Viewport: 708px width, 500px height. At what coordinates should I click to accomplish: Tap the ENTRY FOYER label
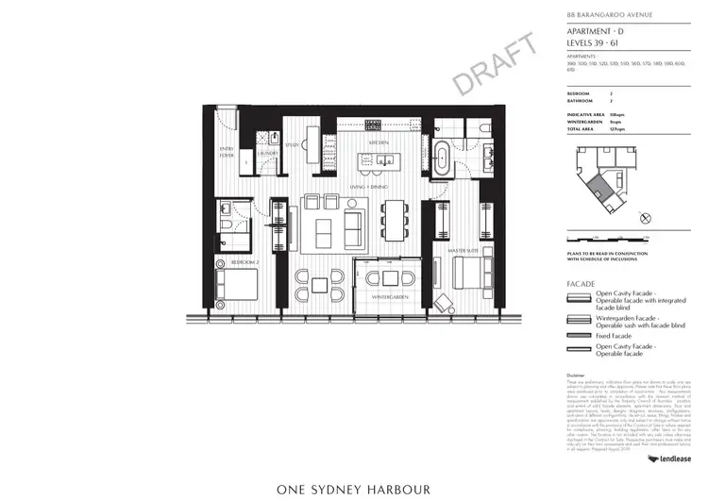227,152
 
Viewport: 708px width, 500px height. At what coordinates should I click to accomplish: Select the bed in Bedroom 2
235,285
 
